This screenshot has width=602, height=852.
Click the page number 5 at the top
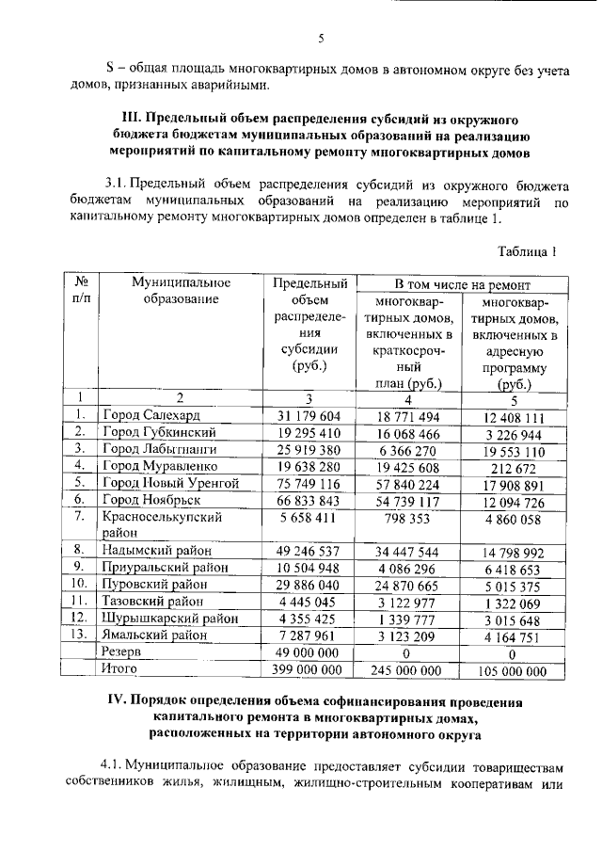[x=320, y=39]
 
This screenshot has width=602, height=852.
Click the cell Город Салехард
[x=150, y=415]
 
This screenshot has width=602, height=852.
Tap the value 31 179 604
[x=309, y=415]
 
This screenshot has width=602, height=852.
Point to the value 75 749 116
[x=309, y=483]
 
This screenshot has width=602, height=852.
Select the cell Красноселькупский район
[x=162, y=524]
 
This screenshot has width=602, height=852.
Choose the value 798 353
[x=409, y=517]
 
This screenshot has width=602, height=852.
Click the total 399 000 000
[x=309, y=669]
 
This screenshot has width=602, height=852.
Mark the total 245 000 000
[x=409, y=670]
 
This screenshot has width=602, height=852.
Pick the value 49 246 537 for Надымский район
[x=309, y=550]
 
